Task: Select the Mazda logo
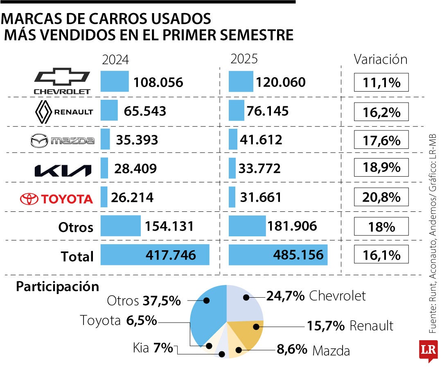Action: pos(62,141)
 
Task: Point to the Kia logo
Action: pos(62,170)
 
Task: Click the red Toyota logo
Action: pos(57,199)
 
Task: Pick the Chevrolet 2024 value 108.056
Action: pos(158,83)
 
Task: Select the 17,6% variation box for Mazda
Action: pos(381,140)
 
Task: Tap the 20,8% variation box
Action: pos(381,197)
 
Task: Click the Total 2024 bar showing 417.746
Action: pos(155,255)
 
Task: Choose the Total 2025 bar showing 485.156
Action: pos(278,255)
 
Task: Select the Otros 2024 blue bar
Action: pos(120,226)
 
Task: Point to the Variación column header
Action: pos(381,60)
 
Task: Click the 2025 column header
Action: pos(244,59)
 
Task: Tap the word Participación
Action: pos(58,287)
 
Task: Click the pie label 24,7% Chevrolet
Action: pos(316,296)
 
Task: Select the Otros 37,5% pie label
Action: pos(144,301)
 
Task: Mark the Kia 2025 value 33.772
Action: pos(261,168)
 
